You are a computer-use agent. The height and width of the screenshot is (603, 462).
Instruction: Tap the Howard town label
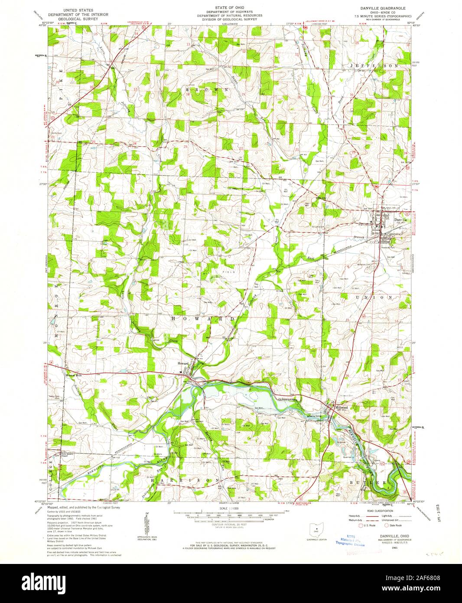[x=183, y=363]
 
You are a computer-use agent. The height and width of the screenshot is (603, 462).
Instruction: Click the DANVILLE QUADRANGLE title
[x=375, y=9]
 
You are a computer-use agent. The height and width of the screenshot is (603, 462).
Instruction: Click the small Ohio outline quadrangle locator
[x=315, y=530]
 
